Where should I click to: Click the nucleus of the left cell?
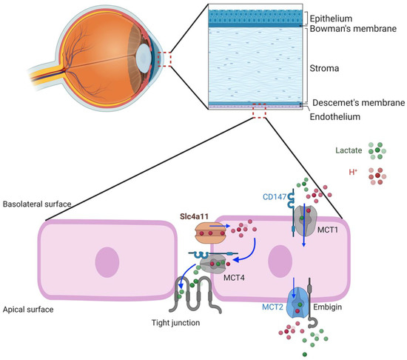[x=107, y=263]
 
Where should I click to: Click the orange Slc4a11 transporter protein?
[x=209, y=235]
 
